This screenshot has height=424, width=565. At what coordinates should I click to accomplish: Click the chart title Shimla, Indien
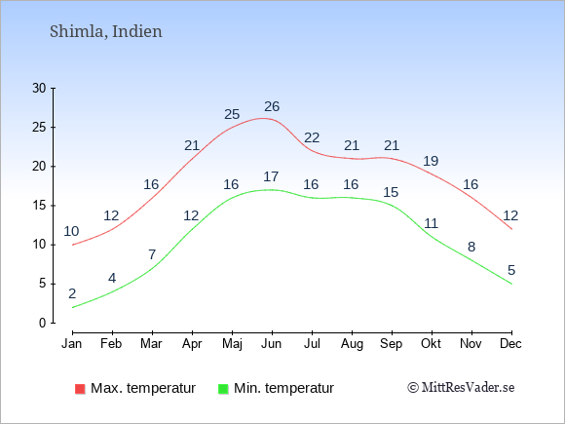coord(106,32)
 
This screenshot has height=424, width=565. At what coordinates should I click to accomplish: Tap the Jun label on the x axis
coord(272,344)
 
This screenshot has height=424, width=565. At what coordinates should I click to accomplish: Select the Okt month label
coord(431,344)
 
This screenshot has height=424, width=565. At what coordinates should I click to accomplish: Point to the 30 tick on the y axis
coord(39,88)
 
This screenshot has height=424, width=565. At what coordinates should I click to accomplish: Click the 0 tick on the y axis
coord(43,323)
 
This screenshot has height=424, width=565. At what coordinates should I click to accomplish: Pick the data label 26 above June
coord(272,106)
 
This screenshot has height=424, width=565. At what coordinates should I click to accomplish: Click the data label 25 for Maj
coord(232,114)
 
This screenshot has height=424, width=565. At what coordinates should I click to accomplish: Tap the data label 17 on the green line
coord(271,176)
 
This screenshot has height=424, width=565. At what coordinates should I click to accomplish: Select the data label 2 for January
coord(72,293)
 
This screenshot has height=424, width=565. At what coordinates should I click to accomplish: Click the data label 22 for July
coord(312,137)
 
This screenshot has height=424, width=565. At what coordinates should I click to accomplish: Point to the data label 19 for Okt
coord(431,161)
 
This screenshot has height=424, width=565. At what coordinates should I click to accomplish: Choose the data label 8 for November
coord(471,247)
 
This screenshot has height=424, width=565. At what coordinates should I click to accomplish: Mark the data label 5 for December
coord(511,270)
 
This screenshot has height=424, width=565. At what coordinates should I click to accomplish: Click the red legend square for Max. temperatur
coord(80,389)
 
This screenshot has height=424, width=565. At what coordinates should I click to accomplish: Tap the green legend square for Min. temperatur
coord(223,389)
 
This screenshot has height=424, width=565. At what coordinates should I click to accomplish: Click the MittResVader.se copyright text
coord(461,388)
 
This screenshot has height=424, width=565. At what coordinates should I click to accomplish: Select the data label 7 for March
coord(152,254)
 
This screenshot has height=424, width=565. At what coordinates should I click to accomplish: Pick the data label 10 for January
coord(71,231)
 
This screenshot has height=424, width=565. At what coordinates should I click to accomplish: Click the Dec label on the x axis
coord(510,344)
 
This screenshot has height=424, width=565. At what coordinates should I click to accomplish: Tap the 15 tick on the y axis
coord(39,206)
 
